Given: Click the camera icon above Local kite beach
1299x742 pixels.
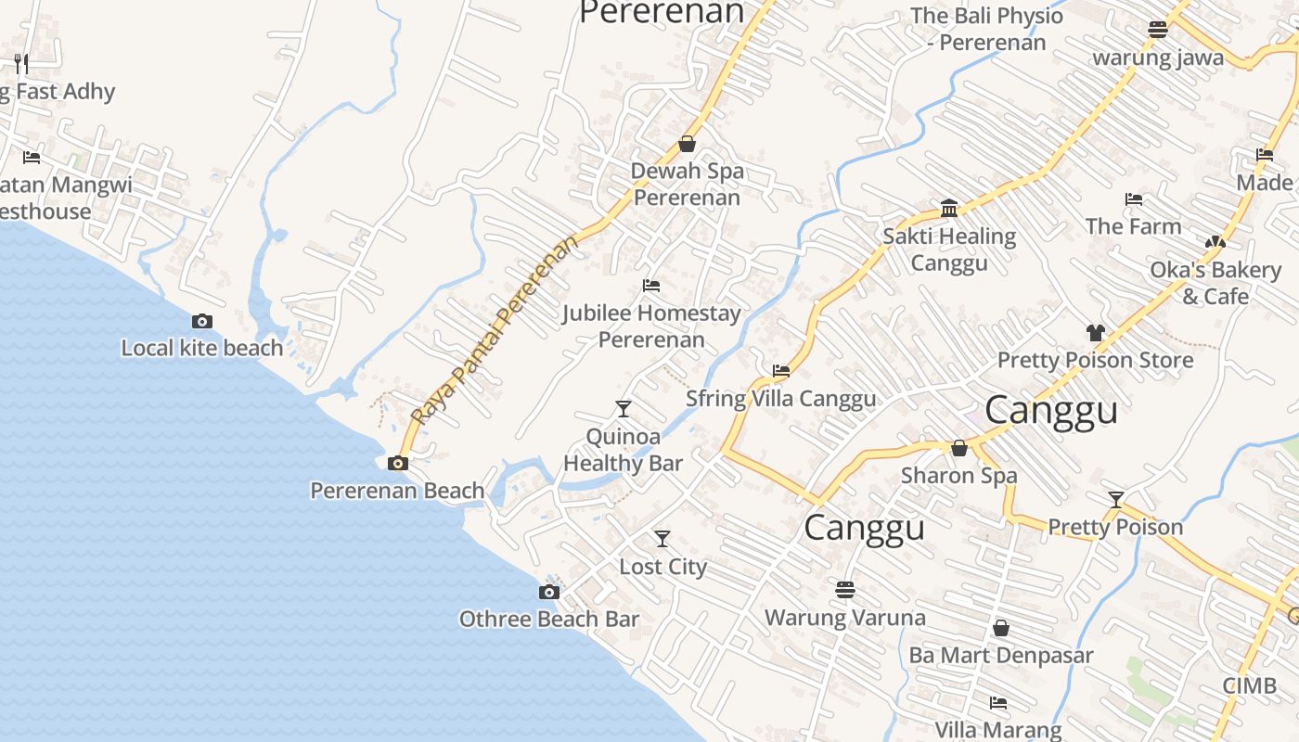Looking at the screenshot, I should coord(202,322).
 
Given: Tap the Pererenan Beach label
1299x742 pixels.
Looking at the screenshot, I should coord(397,491).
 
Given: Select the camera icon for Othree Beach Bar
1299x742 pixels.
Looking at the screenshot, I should coord(549,592).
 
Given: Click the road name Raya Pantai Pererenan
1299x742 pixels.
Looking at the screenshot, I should coord(495,330).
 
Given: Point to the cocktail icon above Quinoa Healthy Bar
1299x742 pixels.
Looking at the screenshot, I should coord(624,408).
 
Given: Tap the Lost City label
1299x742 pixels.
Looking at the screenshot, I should coord(662,567).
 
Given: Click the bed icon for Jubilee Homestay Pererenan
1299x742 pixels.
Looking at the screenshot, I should coord(651,286).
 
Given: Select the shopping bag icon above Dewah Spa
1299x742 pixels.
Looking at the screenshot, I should coord(688,144).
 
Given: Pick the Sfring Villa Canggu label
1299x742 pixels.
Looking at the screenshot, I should coord(780,399).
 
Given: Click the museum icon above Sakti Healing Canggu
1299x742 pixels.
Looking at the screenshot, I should coord(949,209).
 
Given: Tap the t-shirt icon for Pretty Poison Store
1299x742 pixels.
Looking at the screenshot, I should coord(1096,333).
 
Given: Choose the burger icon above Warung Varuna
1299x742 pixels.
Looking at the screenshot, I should coord(844,590).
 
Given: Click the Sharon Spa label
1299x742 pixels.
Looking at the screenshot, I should coord(959,476).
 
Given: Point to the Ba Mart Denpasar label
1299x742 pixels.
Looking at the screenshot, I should coord(1000,656).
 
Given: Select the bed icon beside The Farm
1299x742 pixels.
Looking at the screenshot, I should coord(1133,199).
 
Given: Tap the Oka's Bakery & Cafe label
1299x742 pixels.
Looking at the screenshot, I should coord(1215,283).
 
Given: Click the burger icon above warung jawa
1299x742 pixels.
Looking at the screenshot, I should coord(1157,30).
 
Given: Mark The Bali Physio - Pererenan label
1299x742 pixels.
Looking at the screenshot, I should coord(986,29).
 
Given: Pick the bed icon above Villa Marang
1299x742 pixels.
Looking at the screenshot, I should coord(998,703).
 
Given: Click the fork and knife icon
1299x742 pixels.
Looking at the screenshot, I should coord(21,64).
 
